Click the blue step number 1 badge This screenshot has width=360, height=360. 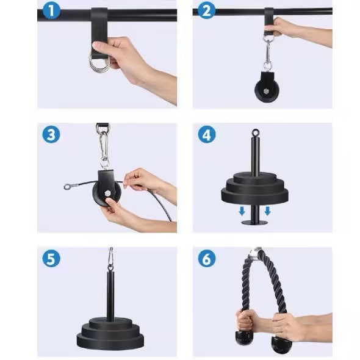coord(51,10)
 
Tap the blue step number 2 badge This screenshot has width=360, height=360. coord(207,10)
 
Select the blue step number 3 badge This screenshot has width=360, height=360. coord(51,134)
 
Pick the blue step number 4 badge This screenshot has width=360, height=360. coord(207,134)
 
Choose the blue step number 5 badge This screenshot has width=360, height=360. coord(51,258)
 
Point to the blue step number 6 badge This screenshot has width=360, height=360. coord(207,258)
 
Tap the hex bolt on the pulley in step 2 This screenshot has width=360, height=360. coord(266,91)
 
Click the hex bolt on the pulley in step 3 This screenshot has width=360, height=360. coord(107,193)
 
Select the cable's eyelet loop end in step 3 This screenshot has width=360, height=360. coord(67,187)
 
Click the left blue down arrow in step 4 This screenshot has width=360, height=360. coord(242,211)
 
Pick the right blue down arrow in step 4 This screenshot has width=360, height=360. coord(267,211)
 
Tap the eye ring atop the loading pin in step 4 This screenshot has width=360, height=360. coord(255,132)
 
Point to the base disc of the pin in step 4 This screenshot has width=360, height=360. coord(254,223)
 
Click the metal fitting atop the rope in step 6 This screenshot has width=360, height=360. coord(256,253)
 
